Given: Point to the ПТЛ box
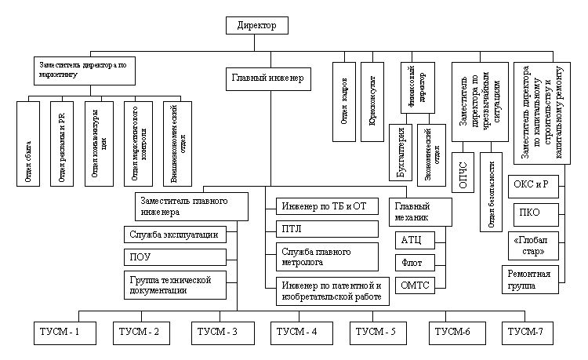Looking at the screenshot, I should (328, 229).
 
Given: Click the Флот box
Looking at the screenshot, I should (416, 262).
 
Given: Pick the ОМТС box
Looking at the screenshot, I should (416, 284).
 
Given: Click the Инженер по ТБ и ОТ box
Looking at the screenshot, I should (328, 207).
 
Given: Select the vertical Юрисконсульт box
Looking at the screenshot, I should (372, 101).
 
